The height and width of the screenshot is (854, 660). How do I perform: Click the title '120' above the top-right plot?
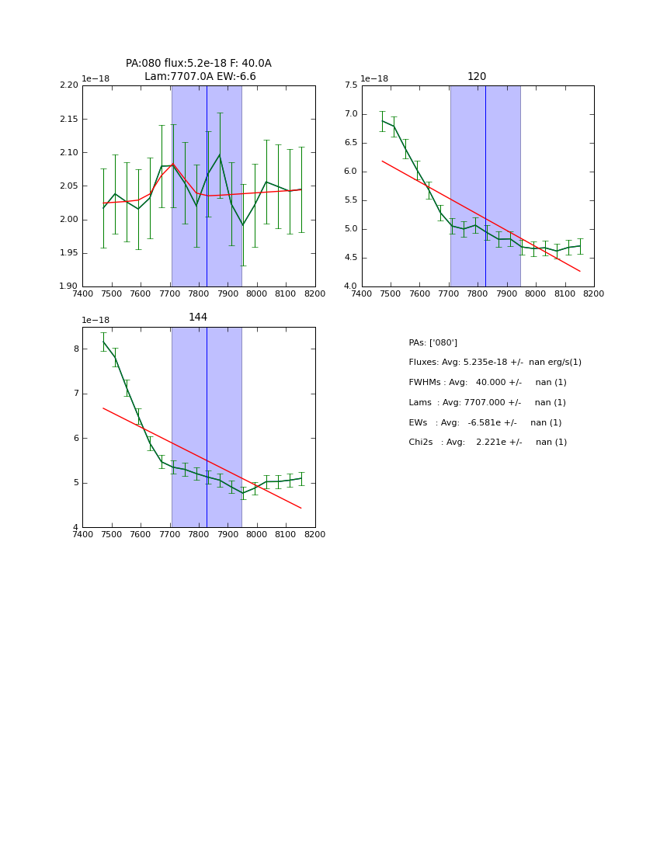tap(477, 77)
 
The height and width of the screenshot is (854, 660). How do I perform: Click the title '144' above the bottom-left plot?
tap(198, 318)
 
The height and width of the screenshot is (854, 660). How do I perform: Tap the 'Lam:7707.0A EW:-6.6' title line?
tap(200, 77)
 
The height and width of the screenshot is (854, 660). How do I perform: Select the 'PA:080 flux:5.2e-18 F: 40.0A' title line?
tap(199, 64)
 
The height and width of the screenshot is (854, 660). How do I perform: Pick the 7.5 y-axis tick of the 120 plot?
tap(349, 85)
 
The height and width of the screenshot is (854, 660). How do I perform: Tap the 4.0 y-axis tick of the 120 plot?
tap(349, 286)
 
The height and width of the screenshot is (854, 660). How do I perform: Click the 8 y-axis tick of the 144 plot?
tap(76, 349)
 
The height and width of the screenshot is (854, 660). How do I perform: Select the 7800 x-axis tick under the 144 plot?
tap(199, 534)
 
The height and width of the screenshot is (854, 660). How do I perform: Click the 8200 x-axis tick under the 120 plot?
tap(594, 293)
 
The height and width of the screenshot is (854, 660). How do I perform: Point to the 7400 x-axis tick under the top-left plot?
tap(82, 293)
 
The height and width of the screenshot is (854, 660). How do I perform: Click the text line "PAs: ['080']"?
tap(432, 343)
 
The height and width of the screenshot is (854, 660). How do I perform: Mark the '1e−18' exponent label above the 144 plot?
tap(96, 321)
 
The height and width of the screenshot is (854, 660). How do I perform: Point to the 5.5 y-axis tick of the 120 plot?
tap(349, 200)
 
